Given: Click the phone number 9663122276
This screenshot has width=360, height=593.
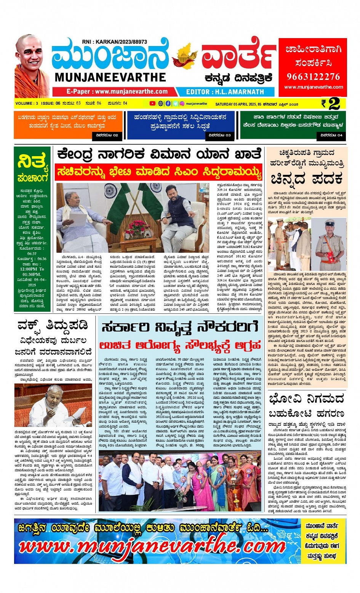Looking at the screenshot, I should pyautogui.click(x=313, y=77).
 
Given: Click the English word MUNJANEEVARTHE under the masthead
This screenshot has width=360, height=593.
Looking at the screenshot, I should pyautogui.click(x=110, y=77).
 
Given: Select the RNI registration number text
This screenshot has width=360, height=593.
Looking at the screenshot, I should pyautogui.click(x=114, y=42).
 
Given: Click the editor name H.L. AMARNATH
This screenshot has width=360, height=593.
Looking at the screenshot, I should pyautogui.click(x=225, y=92).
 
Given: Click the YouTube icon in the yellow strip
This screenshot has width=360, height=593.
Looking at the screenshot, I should pyautogui.click(x=152, y=104).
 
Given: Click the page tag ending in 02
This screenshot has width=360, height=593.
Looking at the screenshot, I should pyautogui.click(x=107, y=135).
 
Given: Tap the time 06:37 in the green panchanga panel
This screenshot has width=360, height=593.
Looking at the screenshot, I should pyautogui.click(x=32, y=253).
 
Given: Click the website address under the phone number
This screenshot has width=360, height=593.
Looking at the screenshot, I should pyautogui.click(x=313, y=87).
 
